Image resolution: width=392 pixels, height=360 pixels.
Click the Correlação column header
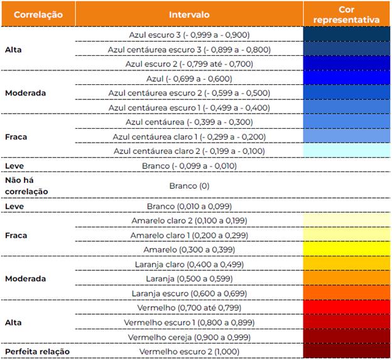click(x=38, y=14)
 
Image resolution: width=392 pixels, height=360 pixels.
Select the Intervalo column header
click(x=189, y=14)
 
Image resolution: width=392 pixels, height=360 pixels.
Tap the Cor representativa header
click(x=347, y=14)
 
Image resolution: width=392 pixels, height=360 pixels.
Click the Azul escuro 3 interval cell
click(x=189, y=35)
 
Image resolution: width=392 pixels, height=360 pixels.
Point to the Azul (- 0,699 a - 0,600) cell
click(x=189, y=79)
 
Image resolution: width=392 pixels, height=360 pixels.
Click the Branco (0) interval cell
click(x=189, y=186)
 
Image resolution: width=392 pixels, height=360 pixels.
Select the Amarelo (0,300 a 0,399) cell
click(x=189, y=249)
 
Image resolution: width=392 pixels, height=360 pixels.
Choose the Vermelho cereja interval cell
click(x=189, y=337)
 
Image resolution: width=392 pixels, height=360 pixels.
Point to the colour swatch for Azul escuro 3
click(x=347, y=35)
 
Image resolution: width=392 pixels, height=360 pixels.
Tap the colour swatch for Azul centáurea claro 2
click(x=347, y=151)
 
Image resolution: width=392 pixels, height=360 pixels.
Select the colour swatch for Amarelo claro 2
click(x=347, y=221)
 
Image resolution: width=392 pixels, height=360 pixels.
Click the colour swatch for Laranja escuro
click(x=347, y=293)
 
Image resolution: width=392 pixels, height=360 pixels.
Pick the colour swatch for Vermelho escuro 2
click(x=347, y=351)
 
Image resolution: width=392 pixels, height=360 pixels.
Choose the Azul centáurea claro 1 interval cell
click(x=189, y=136)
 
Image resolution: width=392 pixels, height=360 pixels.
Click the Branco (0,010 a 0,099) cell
click(x=189, y=206)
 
